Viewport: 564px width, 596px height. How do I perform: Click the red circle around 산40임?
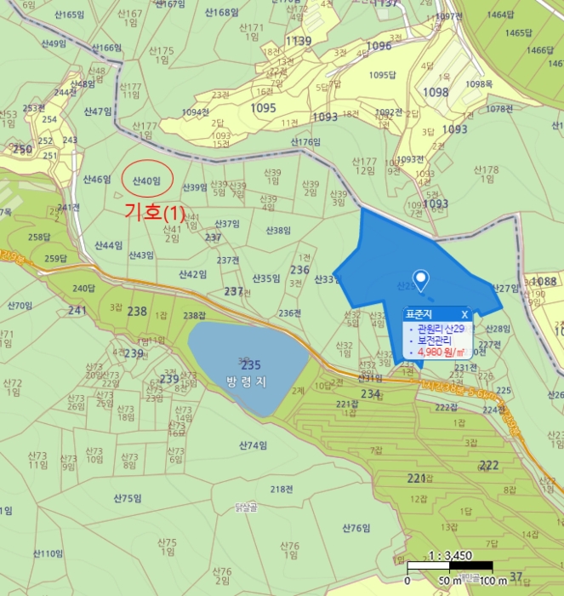click(148, 179)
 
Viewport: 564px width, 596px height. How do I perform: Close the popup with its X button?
click(464, 314)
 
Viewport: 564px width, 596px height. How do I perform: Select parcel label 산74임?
click(253, 445)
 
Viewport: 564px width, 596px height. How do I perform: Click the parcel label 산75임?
click(127, 497)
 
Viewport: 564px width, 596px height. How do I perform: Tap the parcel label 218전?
click(282, 489)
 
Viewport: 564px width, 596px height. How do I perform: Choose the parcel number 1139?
click(299, 41)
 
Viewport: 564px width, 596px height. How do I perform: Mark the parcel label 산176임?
click(304, 142)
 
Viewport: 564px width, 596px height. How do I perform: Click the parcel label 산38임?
click(278, 230)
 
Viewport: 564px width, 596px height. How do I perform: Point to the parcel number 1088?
click(544, 281)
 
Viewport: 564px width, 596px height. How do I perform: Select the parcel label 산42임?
click(193, 274)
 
